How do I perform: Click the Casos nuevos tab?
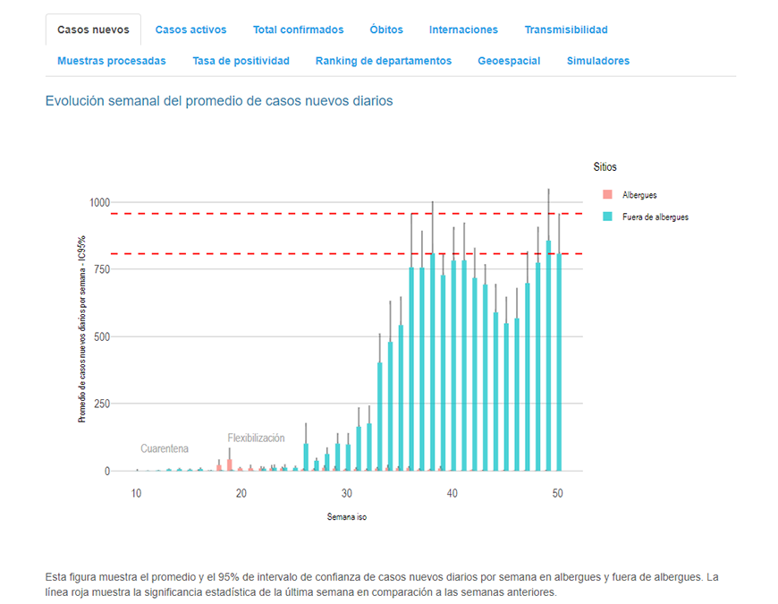[x=93, y=30]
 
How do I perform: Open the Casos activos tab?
[x=190, y=30]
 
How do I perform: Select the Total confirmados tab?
[x=298, y=30]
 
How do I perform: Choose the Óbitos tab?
[x=386, y=30]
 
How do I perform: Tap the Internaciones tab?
[x=463, y=30]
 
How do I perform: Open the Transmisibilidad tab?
[x=566, y=30]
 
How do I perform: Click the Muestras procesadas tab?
[x=112, y=61]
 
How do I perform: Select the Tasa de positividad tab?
[x=241, y=61]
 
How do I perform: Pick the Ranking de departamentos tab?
[x=384, y=61]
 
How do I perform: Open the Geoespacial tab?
[x=509, y=61]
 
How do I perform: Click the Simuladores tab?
[x=598, y=61]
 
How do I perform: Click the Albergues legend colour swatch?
[x=607, y=195]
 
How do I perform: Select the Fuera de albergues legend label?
[x=655, y=217]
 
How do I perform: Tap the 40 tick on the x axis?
[x=452, y=494]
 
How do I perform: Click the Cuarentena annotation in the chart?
[x=165, y=448]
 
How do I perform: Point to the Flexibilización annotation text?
[x=256, y=438]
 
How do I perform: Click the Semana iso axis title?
[x=346, y=517]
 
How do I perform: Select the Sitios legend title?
[x=605, y=166]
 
